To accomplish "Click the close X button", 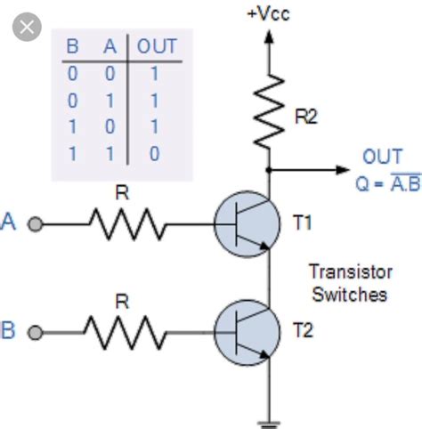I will (x=28, y=28).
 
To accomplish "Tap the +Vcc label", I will (x=269, y=13).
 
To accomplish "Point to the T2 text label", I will (x=303, y=332).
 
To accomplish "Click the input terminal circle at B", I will (x=36, y=333).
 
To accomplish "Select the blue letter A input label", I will (x=11, y=223).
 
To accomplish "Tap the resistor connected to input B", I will (x=125, y=333).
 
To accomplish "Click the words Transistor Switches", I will (x=348, y=282).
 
